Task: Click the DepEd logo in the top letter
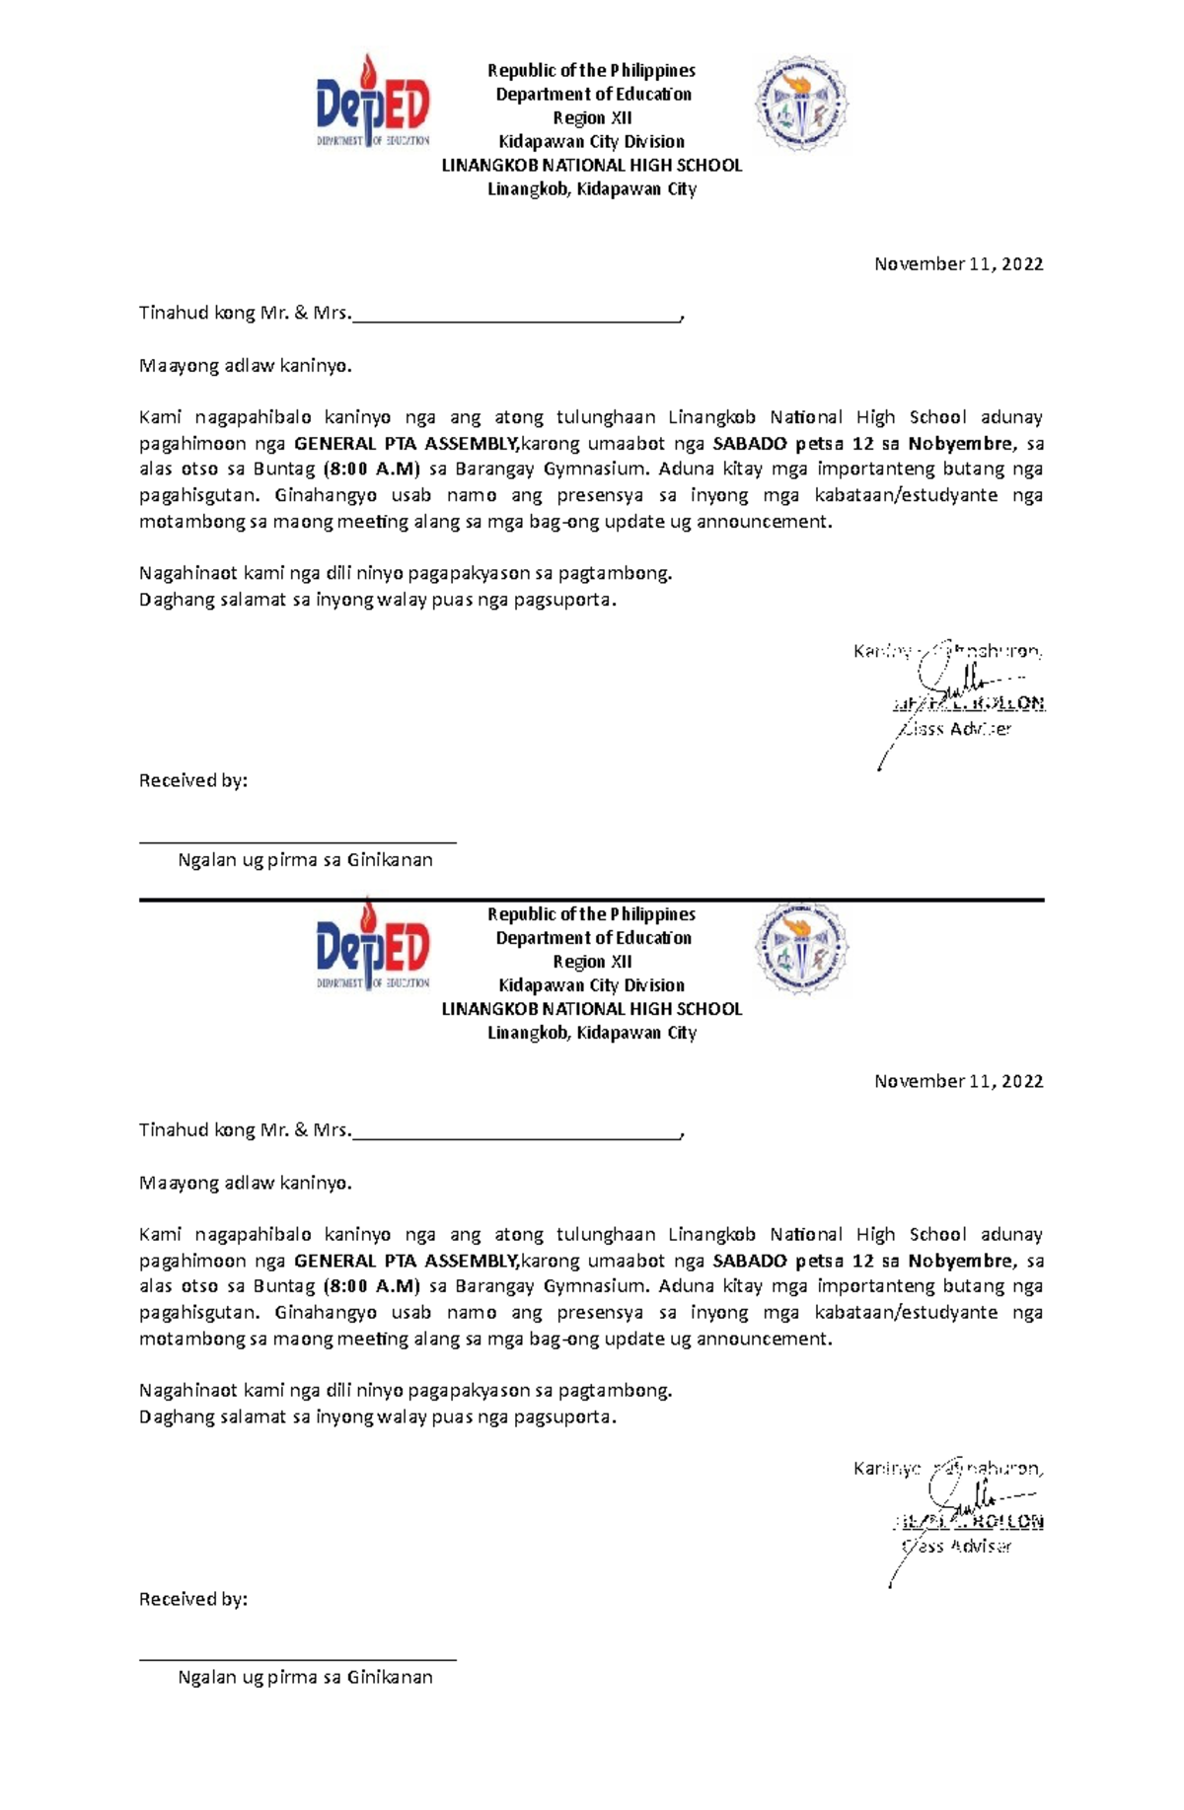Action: tap(373, 102)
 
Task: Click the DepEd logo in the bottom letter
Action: tap(373, 945)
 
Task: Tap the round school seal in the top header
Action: tap(801, 104)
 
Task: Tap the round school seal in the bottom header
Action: tap(801, 948)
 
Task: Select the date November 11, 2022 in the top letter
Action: tap(958, 263)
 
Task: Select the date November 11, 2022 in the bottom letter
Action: tap(958, 1081)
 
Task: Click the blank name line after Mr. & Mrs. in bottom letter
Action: tap(516, 1133)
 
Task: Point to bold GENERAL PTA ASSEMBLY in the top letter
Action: tap(406, 444)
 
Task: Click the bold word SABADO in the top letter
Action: tap(750, 444)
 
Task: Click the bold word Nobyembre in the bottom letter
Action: tap(960, 1261)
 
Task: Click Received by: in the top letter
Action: tap(192, 780)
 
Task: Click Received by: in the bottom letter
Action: tap(192, 1599)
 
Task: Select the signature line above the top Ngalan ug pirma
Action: tap(297, 841)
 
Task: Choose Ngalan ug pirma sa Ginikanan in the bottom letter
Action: tap(305, 1677)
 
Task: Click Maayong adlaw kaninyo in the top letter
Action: tap(245, 366)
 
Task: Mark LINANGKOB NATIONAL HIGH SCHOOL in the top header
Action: tap(591, 166)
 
